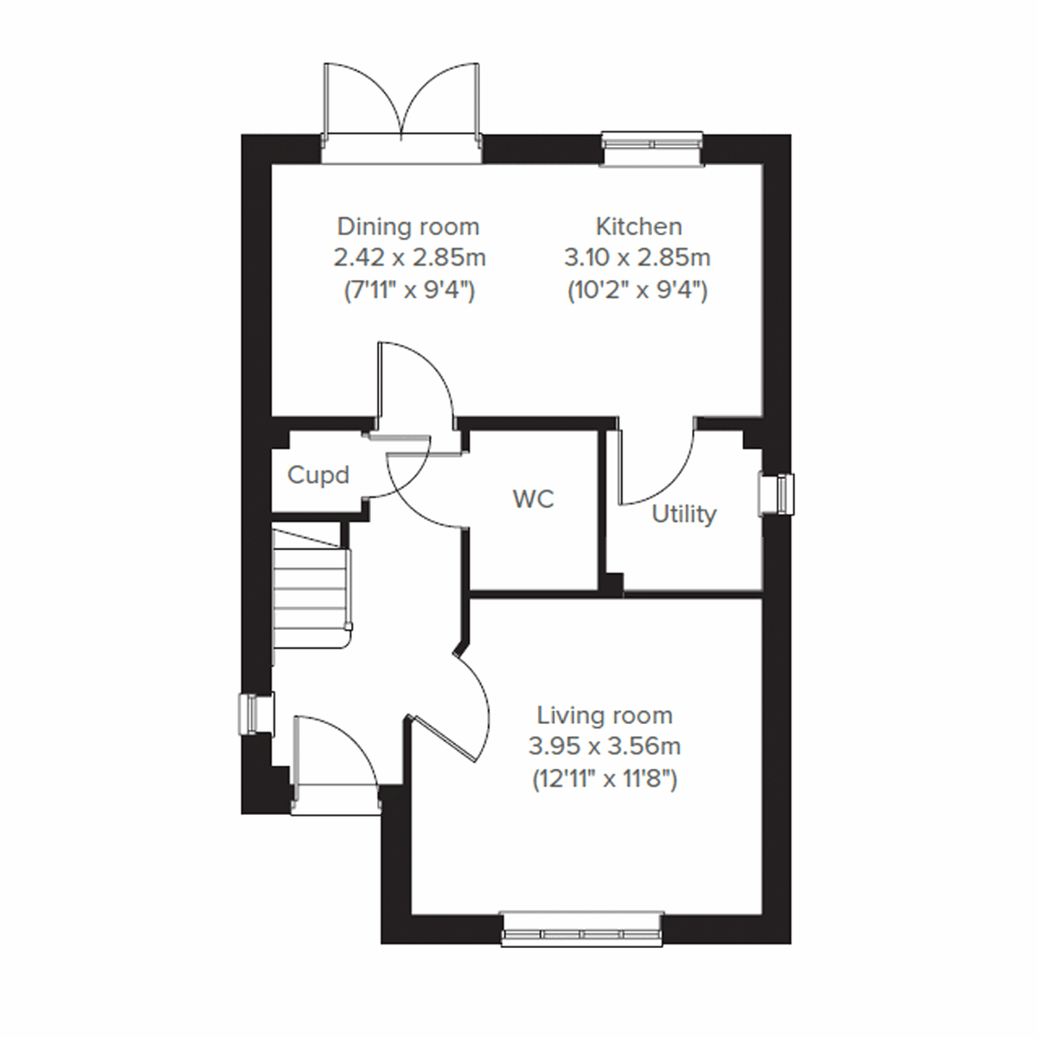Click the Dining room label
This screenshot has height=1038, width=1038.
tap(407, 227)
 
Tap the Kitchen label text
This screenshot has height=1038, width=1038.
tap(638, 227)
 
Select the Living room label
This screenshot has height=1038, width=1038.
tap(605, 715)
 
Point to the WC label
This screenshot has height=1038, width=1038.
tap(533, 499)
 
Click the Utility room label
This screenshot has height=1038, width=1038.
tap(683, 514)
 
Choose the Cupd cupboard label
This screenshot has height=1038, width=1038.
tap(318, 475)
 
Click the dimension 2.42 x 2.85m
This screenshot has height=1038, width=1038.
tap(409, 258)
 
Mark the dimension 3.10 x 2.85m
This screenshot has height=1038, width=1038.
tap(638, 258)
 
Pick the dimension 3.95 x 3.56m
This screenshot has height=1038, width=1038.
tap(605, 746)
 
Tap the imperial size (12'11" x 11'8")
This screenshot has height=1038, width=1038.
tap(605, 778)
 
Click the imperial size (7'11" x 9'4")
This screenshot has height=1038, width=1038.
tap(409, 290)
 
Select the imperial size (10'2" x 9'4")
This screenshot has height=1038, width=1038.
tap(638, 290)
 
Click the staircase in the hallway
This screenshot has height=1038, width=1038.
tap(310, 588)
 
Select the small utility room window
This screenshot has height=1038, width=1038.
tap(775, 494)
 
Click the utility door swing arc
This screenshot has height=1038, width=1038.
tap(662, 467)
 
